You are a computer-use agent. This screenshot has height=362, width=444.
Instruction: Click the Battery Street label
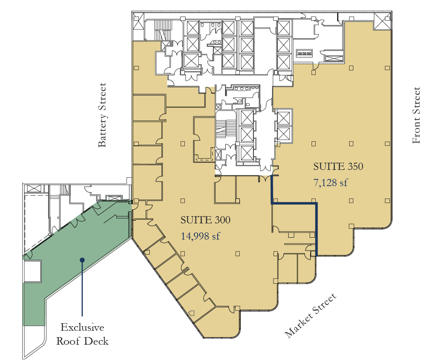102,115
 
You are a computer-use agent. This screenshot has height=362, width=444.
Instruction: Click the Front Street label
416,115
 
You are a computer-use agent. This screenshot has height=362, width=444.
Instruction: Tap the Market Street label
310,316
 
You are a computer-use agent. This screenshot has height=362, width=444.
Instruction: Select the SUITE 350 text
338,166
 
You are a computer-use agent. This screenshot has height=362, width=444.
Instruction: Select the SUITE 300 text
205,220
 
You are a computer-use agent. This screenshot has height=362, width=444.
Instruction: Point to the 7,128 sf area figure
330,183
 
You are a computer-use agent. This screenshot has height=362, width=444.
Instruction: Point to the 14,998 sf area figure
200,237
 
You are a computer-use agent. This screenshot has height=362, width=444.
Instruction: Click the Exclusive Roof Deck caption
82,334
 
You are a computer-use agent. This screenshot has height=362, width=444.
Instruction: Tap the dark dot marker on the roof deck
82,260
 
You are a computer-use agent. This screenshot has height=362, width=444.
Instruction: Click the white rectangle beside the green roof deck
32,271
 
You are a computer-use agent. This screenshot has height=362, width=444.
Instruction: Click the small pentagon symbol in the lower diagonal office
192,312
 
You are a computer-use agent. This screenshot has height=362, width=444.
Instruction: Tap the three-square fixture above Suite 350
304,53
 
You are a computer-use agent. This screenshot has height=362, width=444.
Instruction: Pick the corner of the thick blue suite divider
316,204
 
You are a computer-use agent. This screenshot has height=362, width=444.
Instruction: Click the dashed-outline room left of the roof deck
36,222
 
